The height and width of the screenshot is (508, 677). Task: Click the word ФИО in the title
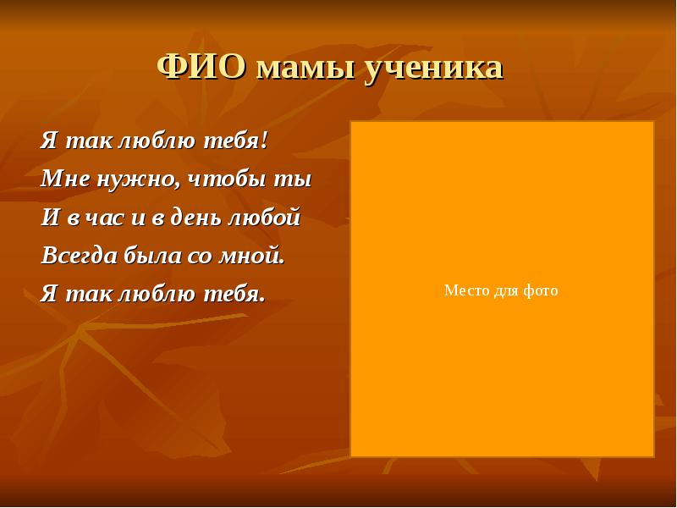202,67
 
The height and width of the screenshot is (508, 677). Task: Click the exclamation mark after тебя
264,140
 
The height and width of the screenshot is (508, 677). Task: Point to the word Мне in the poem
61,179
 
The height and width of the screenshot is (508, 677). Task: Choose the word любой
263,218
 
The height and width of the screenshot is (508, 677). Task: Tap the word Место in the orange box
462,290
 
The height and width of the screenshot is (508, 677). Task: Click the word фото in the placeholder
542,290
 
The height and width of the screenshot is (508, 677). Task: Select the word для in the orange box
504,291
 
